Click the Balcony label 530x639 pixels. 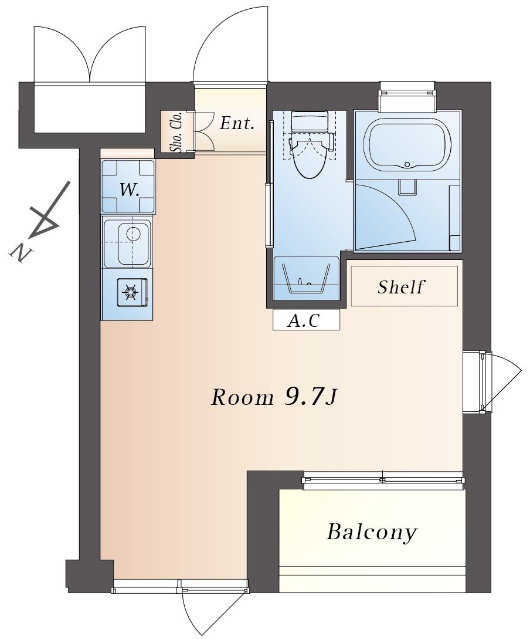pyautogui.click(x=372, y=532)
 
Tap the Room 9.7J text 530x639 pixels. pyautogui.click(x=274, y=397)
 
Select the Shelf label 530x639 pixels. pyautogui.click(x=401, y=287)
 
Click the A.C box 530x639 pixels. pyautogui.click(x=305, y=320)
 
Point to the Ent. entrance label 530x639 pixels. pyautogui.click(x=237, y=123)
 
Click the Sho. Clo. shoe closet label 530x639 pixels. pyautogui.click(x=177, y=132)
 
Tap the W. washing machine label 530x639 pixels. pyautogui.click(x=128, y=190)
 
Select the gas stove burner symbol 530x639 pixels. pyautogui.click(x=130, y=292)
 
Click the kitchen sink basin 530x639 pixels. pyautogui.click(x=132, y=244)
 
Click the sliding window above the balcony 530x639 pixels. pyautogui.click(x=383, y=479)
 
